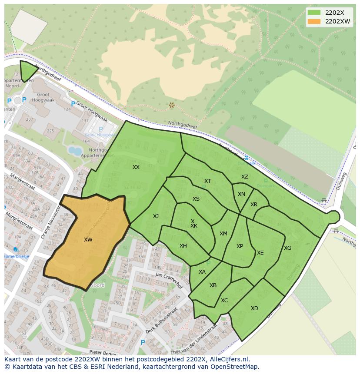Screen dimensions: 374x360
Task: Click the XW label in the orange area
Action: click(x=88, y=240)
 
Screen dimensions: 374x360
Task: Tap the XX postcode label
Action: click(x=136, y=167)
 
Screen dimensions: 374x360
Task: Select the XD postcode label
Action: click(x=254, y=308)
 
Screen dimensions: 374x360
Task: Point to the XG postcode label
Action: click(x=287, y=248)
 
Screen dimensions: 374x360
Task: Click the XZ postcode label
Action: click(x=245, y=177)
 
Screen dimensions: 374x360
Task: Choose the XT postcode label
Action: click(x=207, y=181)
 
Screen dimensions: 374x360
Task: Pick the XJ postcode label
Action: click(x=156, y=216)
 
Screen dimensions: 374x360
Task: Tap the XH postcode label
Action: click(x=183, y=246)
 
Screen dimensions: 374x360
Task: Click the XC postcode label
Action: click(x=224, y=301)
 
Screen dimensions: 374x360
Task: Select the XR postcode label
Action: click(x=254, y=205)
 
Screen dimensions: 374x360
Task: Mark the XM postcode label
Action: click(x=223, y=234)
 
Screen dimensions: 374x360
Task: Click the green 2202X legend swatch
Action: click(x=314, y=13)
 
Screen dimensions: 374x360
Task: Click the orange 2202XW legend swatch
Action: click(x=314, y=21)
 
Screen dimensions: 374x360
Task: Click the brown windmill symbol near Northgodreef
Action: click(x=172, y=105)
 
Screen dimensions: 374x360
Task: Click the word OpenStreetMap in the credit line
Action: click(x=236, y=367)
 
